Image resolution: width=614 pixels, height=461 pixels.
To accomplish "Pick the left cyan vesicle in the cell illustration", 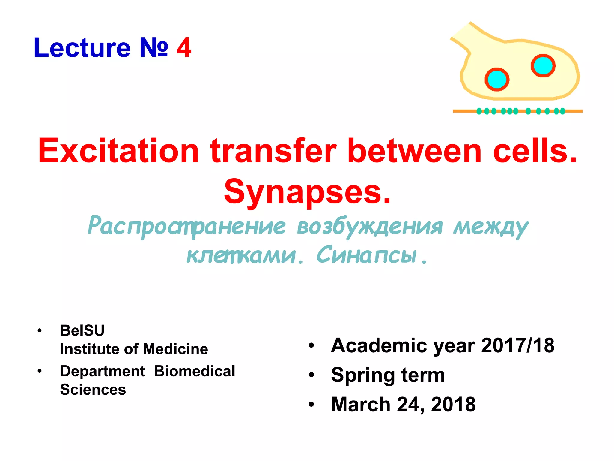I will (x=497, y=80).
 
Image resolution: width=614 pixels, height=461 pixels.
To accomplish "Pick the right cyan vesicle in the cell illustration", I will (x=543, y=65).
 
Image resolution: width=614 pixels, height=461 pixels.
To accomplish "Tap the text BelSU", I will (x=82, y=330).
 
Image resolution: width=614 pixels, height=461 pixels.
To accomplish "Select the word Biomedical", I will (x=195, y=371).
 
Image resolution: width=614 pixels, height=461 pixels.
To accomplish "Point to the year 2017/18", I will (x=517, y=345).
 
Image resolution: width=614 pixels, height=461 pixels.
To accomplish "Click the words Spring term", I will (x=388, y=375).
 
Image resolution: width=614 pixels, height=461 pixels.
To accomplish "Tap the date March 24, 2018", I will (x=403, y=404).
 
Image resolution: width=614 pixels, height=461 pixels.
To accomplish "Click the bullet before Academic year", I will (x=311, y=345).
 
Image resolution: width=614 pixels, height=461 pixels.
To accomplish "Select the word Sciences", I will (x=93, y=390).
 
